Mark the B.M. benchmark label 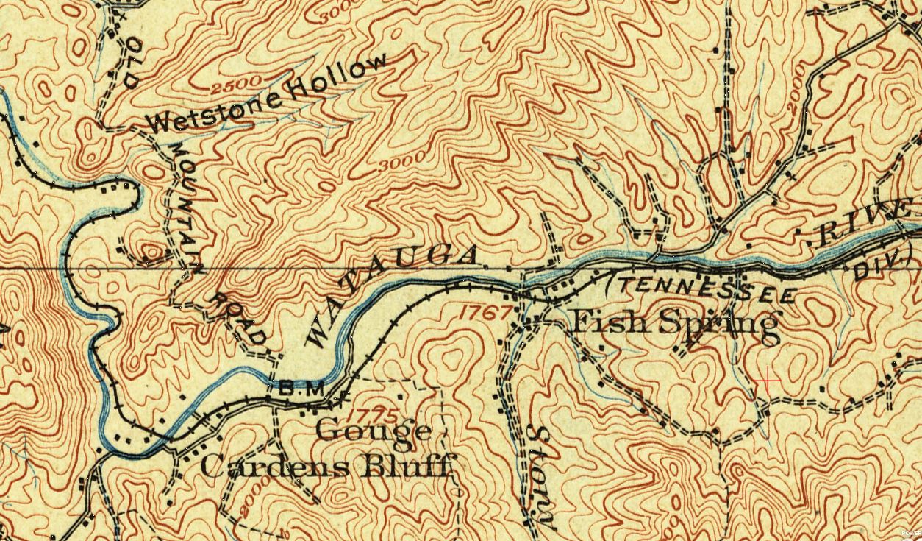pyautogui.click(x=301, y=389)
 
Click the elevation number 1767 pyautogui.click(x=483, y=312)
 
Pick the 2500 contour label pyautogui.click(x=236, y=86)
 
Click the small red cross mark pyautogui.click(x=769, y=380)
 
